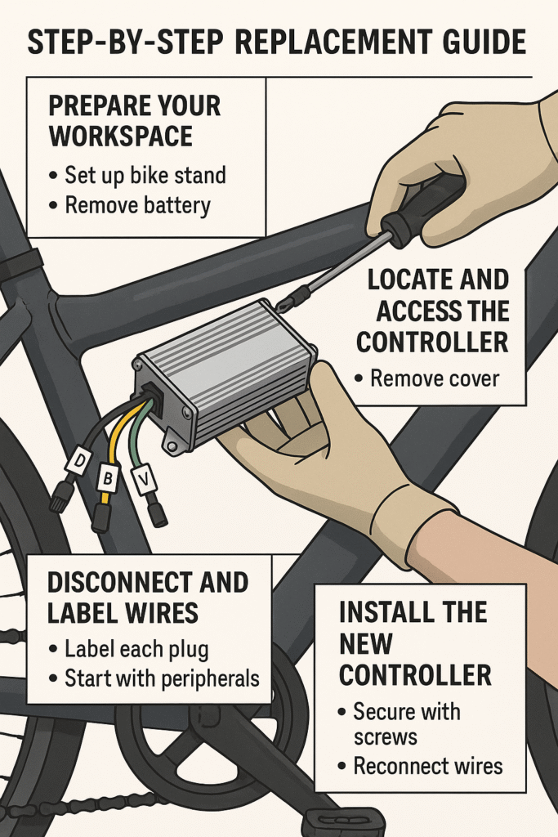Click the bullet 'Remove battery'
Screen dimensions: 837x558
click(136, 204)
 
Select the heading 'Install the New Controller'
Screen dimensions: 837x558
click(415, 643)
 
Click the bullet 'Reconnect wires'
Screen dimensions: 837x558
click(426, 766)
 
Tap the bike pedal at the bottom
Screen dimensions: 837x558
click(342, 821)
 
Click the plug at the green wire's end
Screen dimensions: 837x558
click(158, 514)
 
